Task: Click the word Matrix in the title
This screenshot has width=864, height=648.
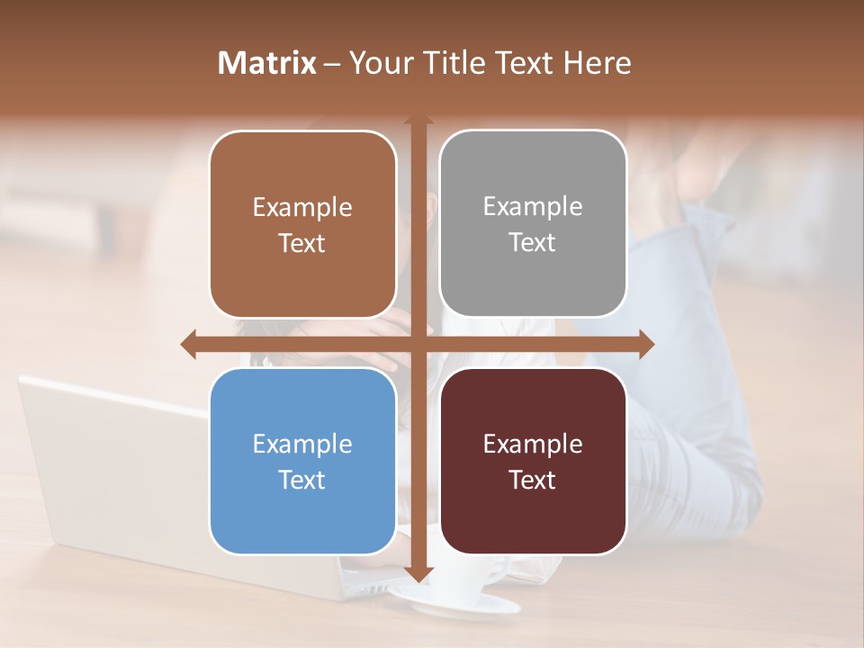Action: pyautogui.click(x=266, y=63)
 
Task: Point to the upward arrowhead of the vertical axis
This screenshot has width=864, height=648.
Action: pyautogui.click(x=418, y=120)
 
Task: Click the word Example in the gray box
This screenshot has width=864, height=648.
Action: pyautogui.click(x=533, y=207)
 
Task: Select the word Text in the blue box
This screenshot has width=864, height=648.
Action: pyautogui.click(x=302, y=480)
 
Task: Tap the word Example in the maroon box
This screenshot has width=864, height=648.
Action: pyautogui.click(x=533, y=444)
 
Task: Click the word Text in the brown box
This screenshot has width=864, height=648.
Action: pyautogui.click(x=302, y=243)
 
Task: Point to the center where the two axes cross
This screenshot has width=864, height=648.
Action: pyautogui.click(x=418, y=344)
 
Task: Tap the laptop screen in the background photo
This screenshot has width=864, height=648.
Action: pyautogui.click(x=108, y=468)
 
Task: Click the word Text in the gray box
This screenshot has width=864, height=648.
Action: pyautogui.click(x=533, y=242)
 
